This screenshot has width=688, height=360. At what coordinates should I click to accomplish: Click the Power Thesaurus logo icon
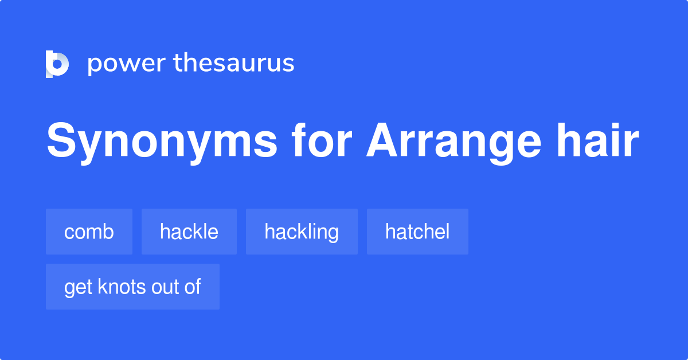(57, 64)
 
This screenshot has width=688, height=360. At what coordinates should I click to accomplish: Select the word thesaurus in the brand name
(234, 64)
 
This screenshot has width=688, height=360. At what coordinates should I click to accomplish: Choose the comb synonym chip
(89, 232)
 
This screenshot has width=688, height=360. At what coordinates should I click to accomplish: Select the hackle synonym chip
(189, 232)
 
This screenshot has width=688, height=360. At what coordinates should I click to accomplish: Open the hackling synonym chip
(302, 232)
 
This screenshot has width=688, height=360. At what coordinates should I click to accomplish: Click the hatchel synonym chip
(417, 232)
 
